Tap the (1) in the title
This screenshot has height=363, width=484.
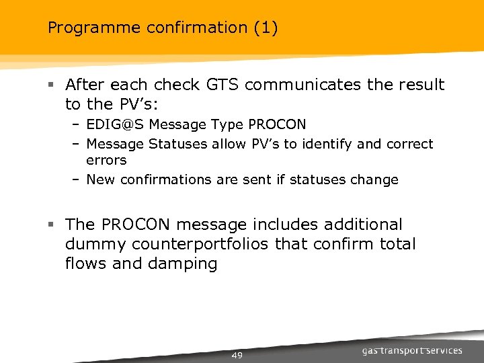pos(266,28)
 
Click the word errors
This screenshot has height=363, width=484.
pos(106,161)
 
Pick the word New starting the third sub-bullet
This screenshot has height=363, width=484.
pos(100,179)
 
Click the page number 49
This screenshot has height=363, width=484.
pos(237,355)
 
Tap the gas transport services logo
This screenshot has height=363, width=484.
pos(411,350)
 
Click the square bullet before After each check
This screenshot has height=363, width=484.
pos(51,85)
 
